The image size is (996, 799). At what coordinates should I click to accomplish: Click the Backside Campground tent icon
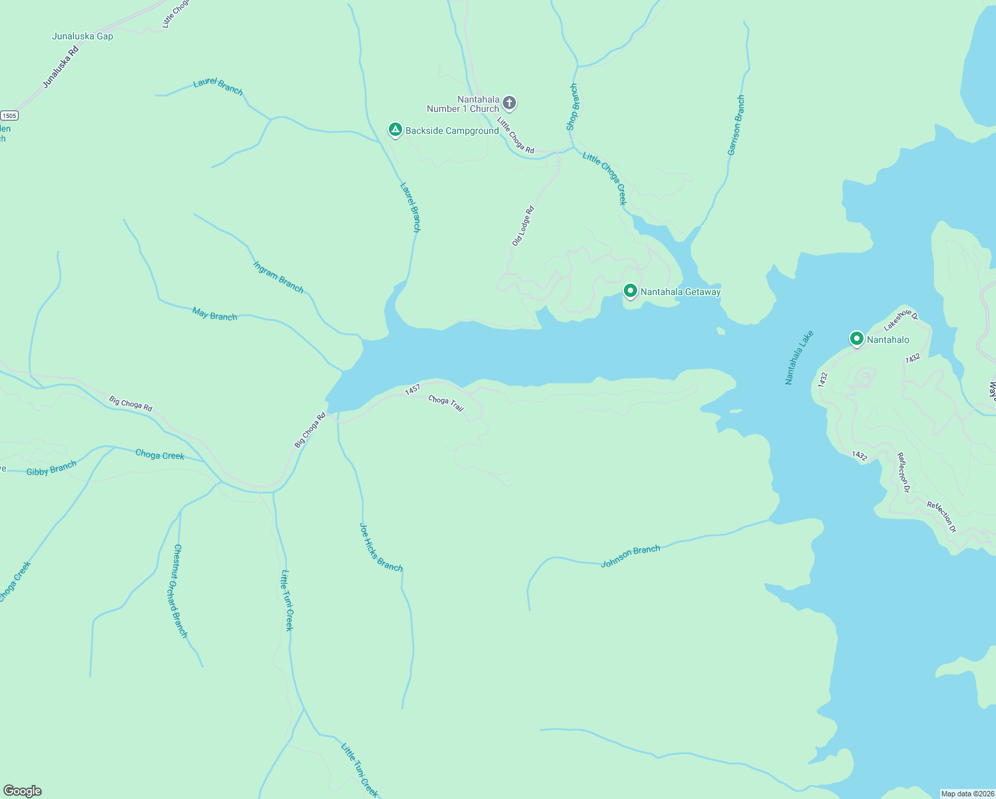click(395, 129)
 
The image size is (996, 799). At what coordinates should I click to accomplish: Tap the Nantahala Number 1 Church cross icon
click(509, 103)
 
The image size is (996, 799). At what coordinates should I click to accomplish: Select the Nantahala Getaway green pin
click(630, 291)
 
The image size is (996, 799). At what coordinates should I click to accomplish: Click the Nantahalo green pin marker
click(857, 339)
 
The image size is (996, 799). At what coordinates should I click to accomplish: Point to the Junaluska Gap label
click(83, 36)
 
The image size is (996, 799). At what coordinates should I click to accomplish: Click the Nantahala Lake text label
click(799, 358)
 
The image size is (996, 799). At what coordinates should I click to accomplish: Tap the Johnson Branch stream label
click(630, 557)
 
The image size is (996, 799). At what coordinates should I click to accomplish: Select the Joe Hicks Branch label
click(381, 547)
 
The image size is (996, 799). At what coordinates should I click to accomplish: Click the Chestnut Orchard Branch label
click(180, 591)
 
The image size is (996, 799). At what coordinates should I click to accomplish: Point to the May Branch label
click(214, 314)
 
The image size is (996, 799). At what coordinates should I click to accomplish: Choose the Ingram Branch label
click(278, 276)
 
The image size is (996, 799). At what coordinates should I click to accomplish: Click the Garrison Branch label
click(736, 126)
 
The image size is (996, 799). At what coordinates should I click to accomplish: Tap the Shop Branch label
click(573, 107)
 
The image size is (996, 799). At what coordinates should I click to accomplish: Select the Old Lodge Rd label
click(523, 226)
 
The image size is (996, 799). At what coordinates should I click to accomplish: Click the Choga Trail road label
click(445, 403)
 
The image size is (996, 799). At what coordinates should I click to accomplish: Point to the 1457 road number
click(413, 390)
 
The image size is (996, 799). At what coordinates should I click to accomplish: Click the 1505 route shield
click(9, 115)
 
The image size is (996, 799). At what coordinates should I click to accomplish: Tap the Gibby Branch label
click(51, 468)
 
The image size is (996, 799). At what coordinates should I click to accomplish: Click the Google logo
click(23, 791)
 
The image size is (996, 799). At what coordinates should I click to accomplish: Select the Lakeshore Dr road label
click(900, 320)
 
